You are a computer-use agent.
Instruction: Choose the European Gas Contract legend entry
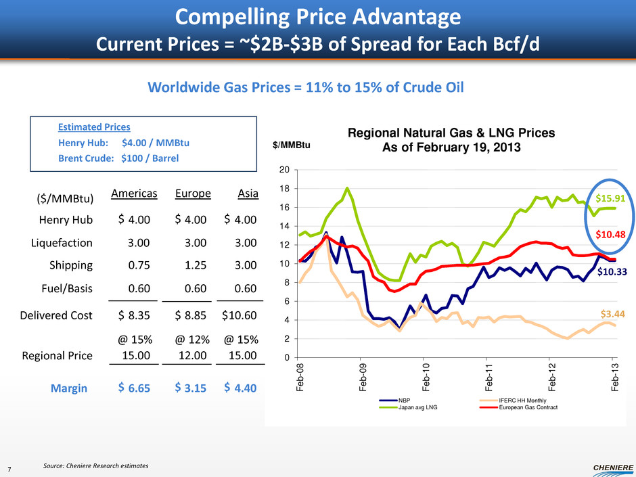528,407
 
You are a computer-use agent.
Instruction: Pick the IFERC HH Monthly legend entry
523,401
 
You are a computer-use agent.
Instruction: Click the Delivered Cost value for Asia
239,315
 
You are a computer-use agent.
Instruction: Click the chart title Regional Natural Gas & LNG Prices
451,141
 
